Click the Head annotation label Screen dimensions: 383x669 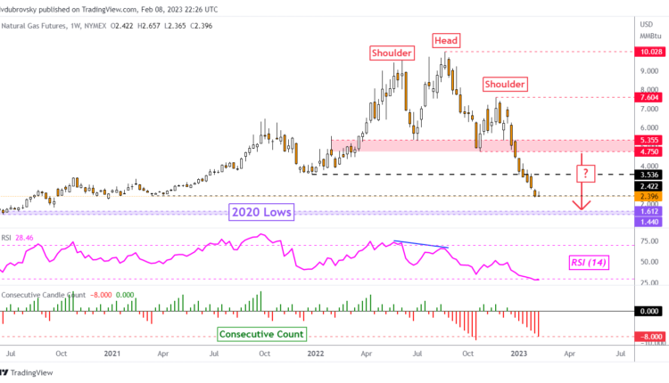coord(447,40)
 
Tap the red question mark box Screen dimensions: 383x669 coord(584,172)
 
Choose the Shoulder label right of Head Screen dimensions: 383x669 coord(505,84)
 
